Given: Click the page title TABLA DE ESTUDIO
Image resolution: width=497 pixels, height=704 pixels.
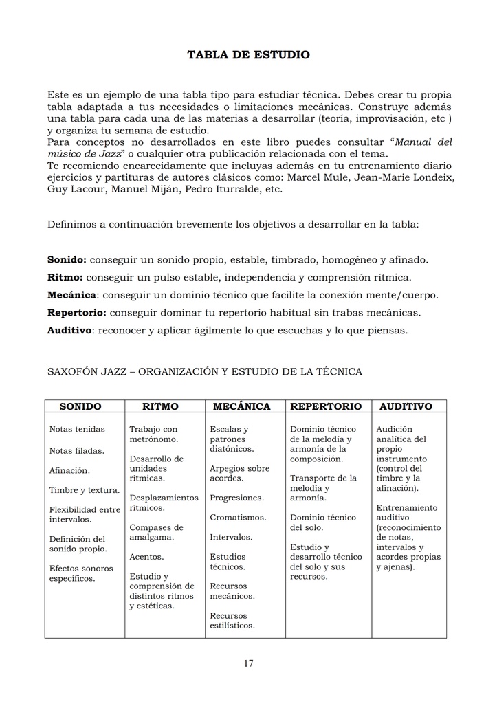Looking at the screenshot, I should click(x=248, y=54).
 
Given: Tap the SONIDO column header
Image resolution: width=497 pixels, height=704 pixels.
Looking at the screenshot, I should click(x=80, y=406).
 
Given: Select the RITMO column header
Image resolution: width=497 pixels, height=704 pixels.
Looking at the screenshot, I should click(x=160, y=406).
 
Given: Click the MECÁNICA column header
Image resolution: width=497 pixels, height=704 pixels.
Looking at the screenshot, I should click(x=241, y=406).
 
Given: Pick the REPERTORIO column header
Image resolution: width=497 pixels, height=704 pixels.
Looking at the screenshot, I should click(x=326, y=406).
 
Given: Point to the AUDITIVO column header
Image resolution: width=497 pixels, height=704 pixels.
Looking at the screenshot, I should click(x=406, y=406).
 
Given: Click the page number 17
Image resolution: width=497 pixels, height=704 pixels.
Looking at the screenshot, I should click(x=248, y=663).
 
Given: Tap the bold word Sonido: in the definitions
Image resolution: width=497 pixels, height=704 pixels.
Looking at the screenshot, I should click(x=67, y=260).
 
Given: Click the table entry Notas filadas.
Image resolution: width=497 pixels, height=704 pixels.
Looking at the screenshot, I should click(x=76, y=451).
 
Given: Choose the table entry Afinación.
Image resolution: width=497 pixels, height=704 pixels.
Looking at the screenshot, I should click(x=69, y=471).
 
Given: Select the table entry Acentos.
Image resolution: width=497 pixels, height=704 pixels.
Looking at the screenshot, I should click(x=146, y=557).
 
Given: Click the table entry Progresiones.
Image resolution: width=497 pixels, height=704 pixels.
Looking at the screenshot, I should click(x=236, y=497).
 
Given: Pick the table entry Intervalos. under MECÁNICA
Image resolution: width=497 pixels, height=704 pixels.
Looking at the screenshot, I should click(x=230, y=537).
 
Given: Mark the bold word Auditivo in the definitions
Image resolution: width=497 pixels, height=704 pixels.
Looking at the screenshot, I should click(x=69, y=330).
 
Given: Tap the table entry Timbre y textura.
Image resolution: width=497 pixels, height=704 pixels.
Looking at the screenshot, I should click(x=85, y=490).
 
